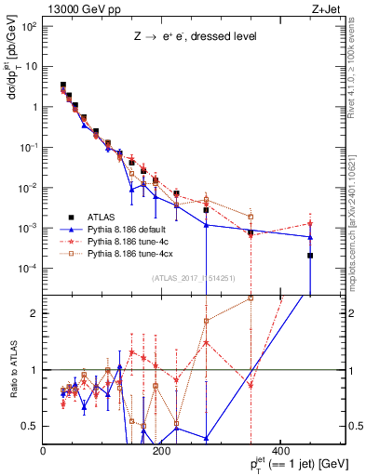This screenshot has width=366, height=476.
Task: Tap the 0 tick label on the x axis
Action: tap(44, 453)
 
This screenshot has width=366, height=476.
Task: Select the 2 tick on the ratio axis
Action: tap(35, 312)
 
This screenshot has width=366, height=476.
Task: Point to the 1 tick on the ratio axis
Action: tap(35, 370)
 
